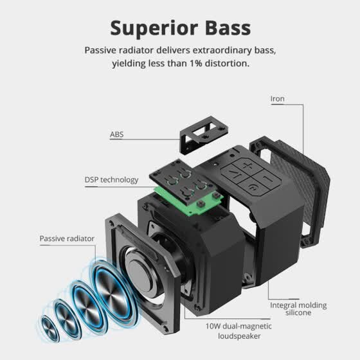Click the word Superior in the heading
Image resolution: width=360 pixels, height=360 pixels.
(x=154, y=28)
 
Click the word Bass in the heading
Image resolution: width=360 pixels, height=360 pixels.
(x=228, y=28)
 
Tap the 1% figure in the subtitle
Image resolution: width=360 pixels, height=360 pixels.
(x=195, y=63)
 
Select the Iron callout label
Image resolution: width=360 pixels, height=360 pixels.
(x=277, y=99)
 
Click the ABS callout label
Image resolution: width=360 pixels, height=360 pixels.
(x=116, y=134)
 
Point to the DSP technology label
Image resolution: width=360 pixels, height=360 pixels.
(x=111, y=180)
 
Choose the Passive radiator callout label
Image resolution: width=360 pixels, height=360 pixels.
(x=67, y=239)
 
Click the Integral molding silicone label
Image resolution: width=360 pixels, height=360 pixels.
(x=298, y=309)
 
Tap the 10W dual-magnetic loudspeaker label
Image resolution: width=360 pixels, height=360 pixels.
(x=239, y=331)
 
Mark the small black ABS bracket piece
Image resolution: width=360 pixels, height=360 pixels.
(x=204, y=134)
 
